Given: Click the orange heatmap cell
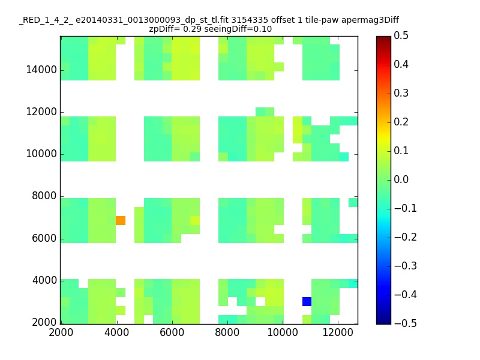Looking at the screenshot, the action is (x=121, y=220).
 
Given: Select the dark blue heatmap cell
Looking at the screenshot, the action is (x=307, y=301).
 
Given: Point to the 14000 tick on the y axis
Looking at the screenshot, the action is (x=41, y=70).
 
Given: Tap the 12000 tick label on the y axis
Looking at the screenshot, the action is (x=41, y=112).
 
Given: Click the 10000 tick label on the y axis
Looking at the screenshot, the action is (x=41, y=154).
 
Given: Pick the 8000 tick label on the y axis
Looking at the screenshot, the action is (x=44, y=196).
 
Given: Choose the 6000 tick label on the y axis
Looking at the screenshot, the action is (x=44, y=238).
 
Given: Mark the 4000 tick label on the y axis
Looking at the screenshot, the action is (x=44, y=280).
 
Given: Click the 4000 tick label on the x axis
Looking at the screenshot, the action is (x=116, y=332).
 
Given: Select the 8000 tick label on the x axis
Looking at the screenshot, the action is (x=227, y=332).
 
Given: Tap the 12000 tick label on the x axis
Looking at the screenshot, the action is (x=338, y=332).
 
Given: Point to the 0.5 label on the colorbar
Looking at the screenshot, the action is (x=401, y=35).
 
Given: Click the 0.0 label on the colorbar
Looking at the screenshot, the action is (x=401, y=179).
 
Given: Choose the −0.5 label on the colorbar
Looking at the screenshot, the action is (x=406, y=323).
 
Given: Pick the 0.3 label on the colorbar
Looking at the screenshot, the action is (x=401, y=93).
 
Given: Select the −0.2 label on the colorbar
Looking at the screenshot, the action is (x=406, y=237).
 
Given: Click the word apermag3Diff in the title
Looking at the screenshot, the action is (x=370, y=20).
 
